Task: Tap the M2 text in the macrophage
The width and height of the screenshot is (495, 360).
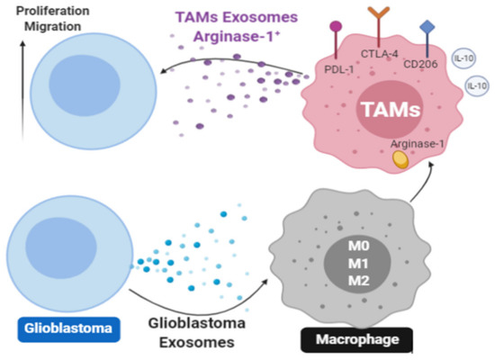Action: [x=356, y=281]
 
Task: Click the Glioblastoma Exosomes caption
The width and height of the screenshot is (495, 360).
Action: [x=191, y=331]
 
